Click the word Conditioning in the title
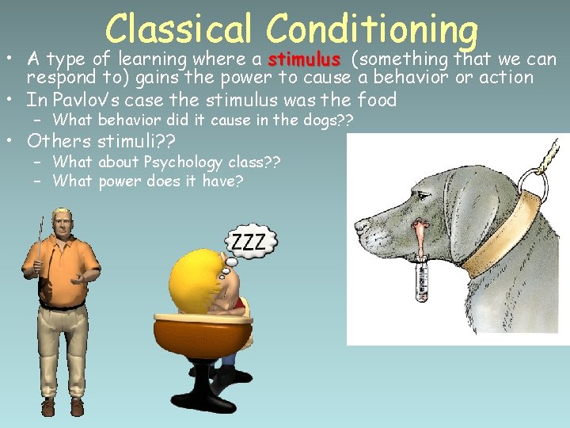[x=372, y=30]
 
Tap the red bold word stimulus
[x=304, y=60]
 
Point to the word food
[x=377, y=101]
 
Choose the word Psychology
[x=188, y=162]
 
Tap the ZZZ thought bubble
[x=252, y=241]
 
